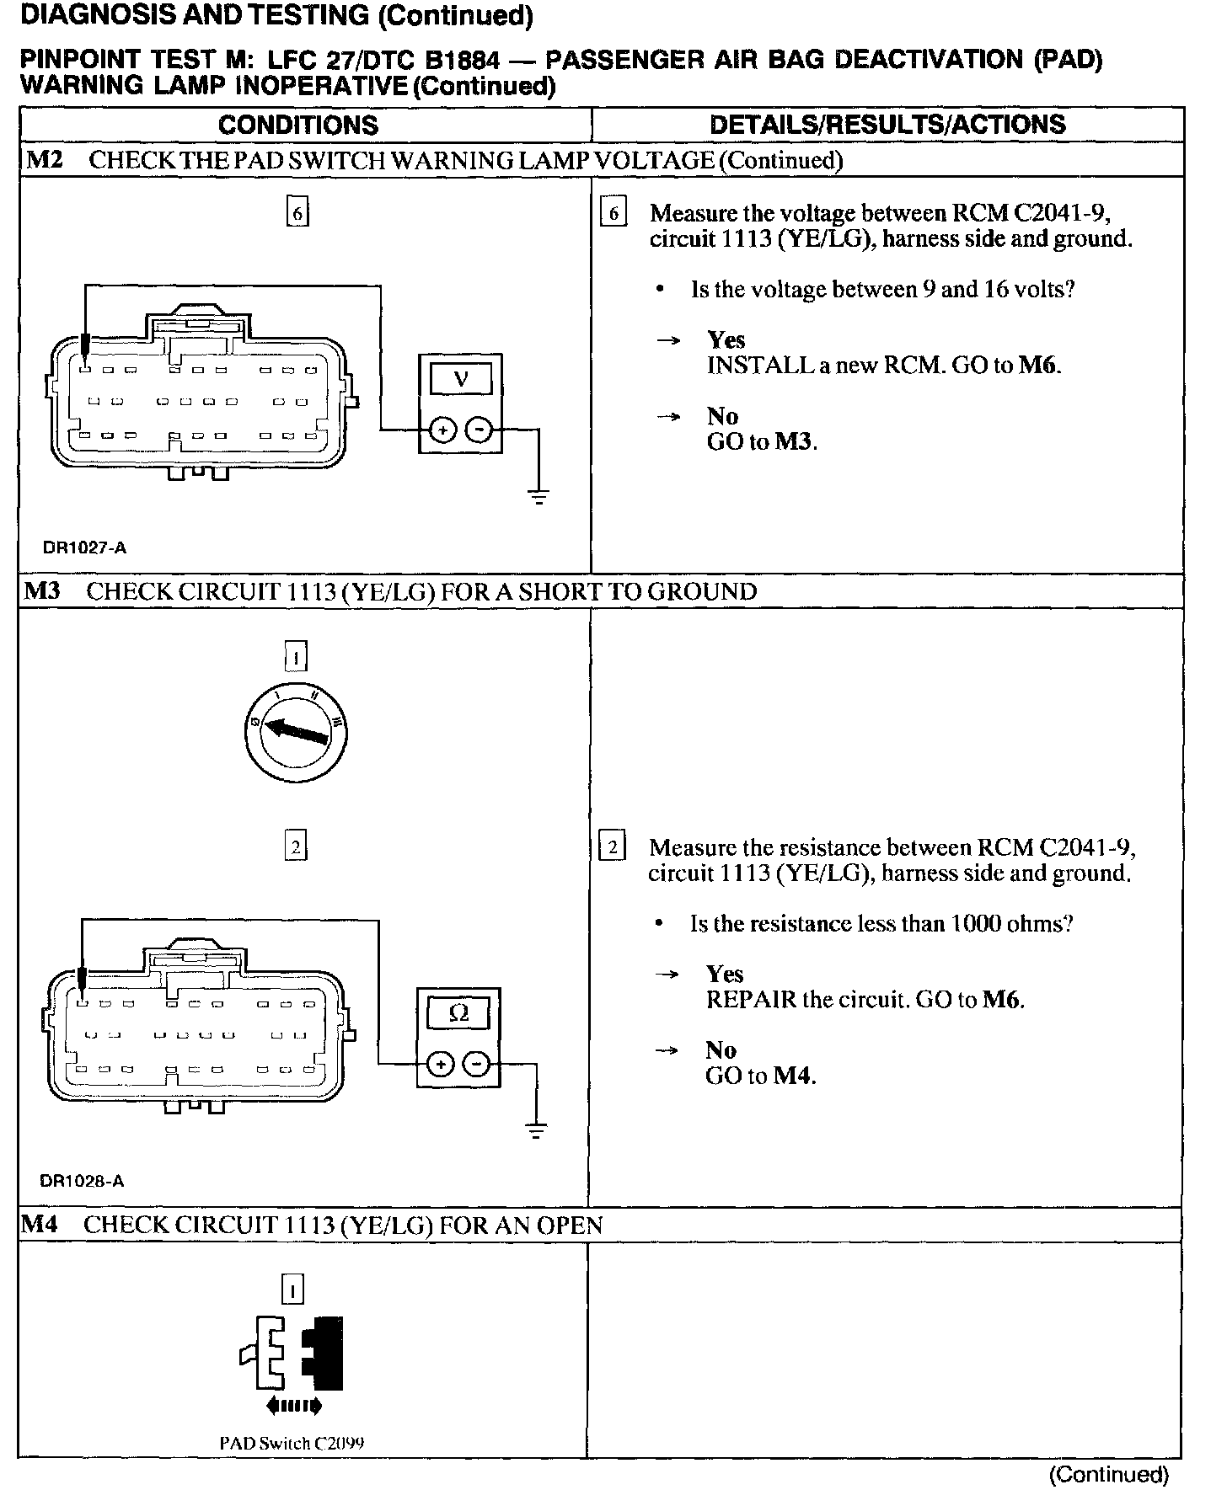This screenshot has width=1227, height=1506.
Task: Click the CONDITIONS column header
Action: (297, 125)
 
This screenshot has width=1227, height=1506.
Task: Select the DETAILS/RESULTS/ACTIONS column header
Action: (887, 125)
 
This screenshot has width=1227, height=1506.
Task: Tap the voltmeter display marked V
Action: (460, 379)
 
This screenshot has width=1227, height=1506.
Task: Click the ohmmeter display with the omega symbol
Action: (458, 1013)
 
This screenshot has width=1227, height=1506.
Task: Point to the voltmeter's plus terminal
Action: (442, 431)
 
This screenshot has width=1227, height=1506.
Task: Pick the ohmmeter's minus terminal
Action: (477, 1065)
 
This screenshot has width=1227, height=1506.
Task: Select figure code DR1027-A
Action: (84, 547)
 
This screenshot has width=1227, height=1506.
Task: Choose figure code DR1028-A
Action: (82, 1181)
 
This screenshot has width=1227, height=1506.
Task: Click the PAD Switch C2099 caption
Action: (292, 1443)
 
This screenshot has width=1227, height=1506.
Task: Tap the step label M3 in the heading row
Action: (42, 591)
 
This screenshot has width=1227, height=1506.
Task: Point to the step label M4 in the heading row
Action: (39, 1225)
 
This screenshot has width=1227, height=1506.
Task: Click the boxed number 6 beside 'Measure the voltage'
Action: (613, 214)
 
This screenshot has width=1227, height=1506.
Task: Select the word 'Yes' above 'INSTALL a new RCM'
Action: (726, 340)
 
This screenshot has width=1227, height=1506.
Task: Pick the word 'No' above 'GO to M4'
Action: (721, 1050)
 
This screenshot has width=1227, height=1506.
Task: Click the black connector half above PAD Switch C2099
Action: (324, 1353)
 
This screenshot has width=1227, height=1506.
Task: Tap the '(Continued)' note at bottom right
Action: (1108, 1474)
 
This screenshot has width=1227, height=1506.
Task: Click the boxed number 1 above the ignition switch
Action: (296, 655)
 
